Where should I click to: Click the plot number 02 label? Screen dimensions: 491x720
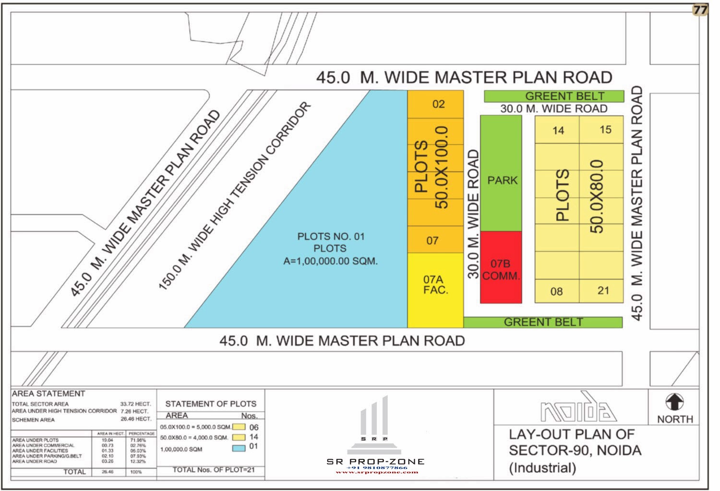click(438, 104)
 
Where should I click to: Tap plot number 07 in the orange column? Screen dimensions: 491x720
click(432, 240)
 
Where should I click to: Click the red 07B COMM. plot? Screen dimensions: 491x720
click(501, 270)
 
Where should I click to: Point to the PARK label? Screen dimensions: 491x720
click(502, 180)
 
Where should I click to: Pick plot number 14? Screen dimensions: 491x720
click(558, 131)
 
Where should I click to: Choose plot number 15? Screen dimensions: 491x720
click(605, 130)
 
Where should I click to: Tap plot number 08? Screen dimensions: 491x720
click(556, 291)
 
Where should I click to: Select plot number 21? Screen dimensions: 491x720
click(603, 290)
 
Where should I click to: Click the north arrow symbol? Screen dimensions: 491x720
click(674, 402)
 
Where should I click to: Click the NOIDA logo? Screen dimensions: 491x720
click(578, 409)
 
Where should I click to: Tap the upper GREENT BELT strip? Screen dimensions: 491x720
click(554, 96)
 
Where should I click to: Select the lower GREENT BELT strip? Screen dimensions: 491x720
click(543, 322)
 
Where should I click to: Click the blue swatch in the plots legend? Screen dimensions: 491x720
click(239, 448)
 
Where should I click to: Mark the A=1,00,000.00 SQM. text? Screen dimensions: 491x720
click(330, 261)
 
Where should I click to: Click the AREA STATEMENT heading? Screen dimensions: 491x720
click(48, 394)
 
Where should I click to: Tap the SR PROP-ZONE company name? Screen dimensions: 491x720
click(375, 462)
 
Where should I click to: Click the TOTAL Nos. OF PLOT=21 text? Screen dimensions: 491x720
click(214, 470)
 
